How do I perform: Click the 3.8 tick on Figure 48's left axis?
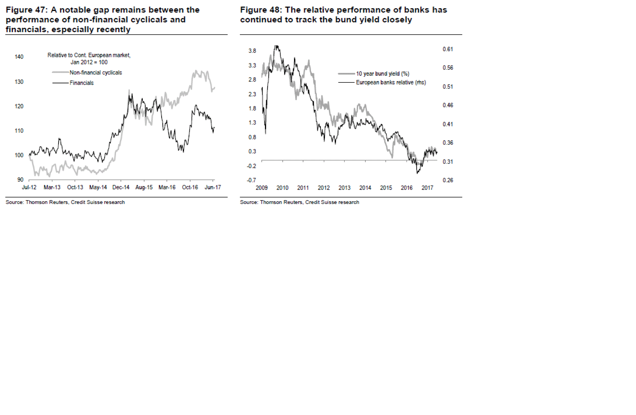pos(252,51)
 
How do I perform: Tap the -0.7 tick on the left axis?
pos(251,180)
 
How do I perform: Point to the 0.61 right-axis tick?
pos(448,49)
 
